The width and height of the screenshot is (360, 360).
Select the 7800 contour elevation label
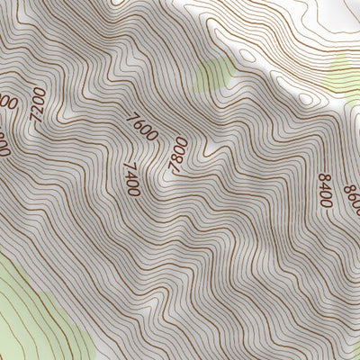[178, 153]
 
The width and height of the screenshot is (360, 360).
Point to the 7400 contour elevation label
[132, 179]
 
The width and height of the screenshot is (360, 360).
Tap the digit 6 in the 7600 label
[140, 125]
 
